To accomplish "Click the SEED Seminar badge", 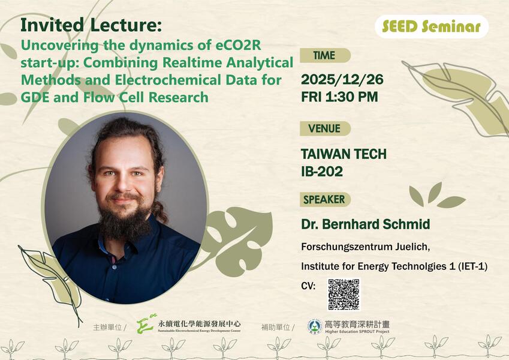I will point(431,26).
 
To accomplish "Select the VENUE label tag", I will point(324,128).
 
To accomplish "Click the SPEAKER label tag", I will point(324,199).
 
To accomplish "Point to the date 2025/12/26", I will point(342,79).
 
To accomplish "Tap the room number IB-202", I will point(322,172).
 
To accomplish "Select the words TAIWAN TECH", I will point(344,154).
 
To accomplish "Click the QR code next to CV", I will point(344,294).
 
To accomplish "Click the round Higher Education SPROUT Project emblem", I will point(314,326).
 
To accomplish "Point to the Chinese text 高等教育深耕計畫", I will point(357,323).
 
